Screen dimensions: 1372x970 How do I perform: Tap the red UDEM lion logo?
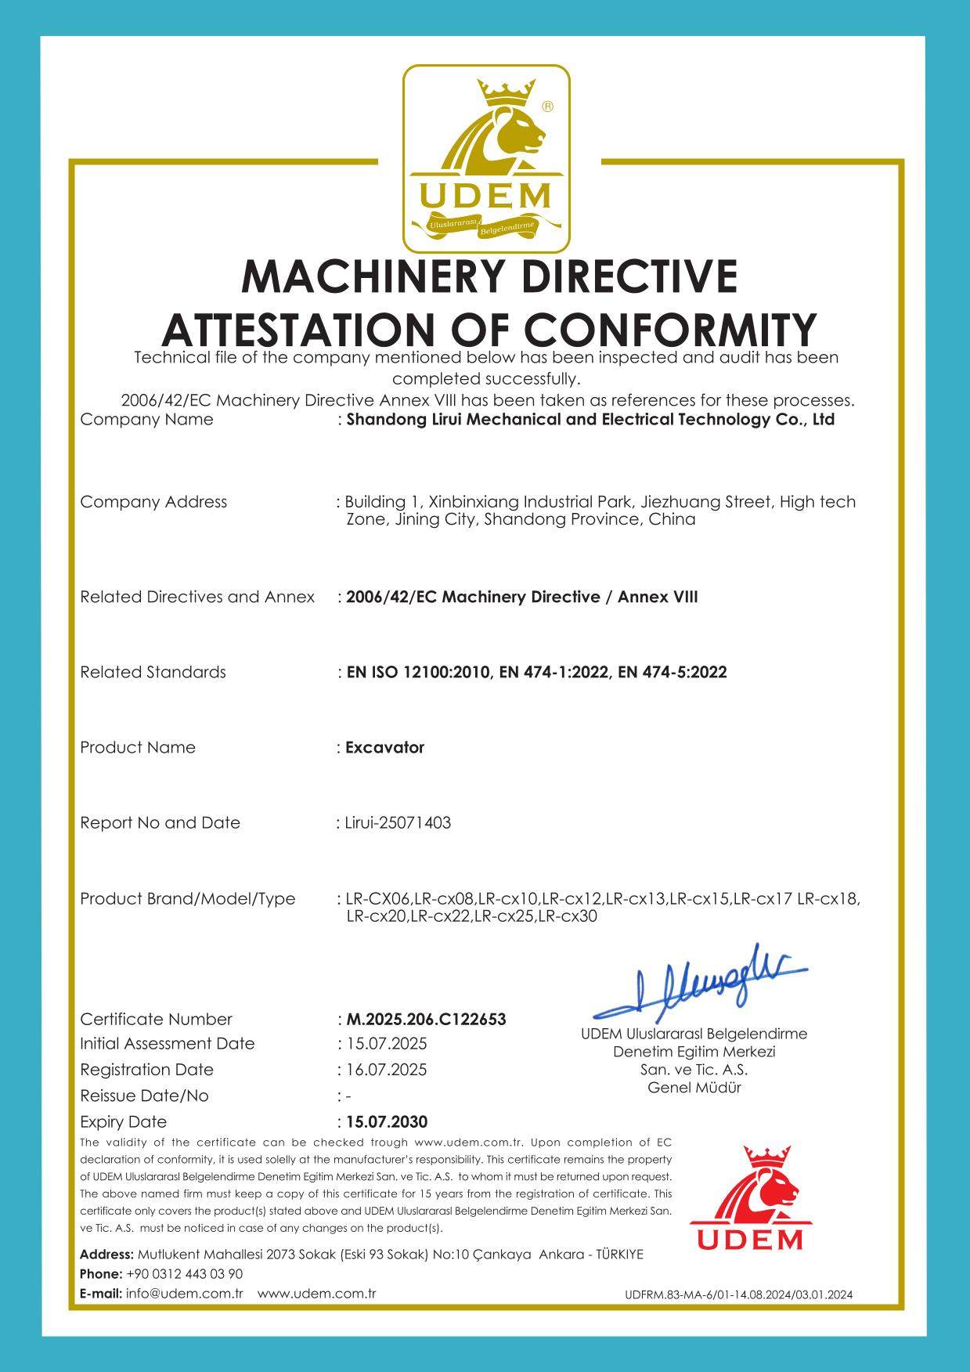click(751, 1198)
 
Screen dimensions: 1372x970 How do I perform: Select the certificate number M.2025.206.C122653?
click(426, 1019)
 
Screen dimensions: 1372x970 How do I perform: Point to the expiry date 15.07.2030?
click(387, 1121)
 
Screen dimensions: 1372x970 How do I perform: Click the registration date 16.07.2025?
click(387, 1070)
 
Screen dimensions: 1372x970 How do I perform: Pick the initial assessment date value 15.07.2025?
click(387, 1044)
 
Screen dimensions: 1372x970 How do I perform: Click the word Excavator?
click(385, 747)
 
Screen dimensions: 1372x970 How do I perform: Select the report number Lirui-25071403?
click(398, 823)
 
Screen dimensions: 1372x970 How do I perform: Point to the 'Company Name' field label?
click(146, 419)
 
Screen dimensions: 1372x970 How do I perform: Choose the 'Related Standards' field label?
click(153, 672)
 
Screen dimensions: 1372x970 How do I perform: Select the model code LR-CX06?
click(378, 898)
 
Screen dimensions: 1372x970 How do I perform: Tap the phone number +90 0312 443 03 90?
click(184, 1274)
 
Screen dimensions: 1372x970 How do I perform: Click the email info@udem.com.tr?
click(185, 1294)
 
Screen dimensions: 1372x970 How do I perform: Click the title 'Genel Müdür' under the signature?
click(694, 1087)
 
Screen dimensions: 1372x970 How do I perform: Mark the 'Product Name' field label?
click(138, 747)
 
